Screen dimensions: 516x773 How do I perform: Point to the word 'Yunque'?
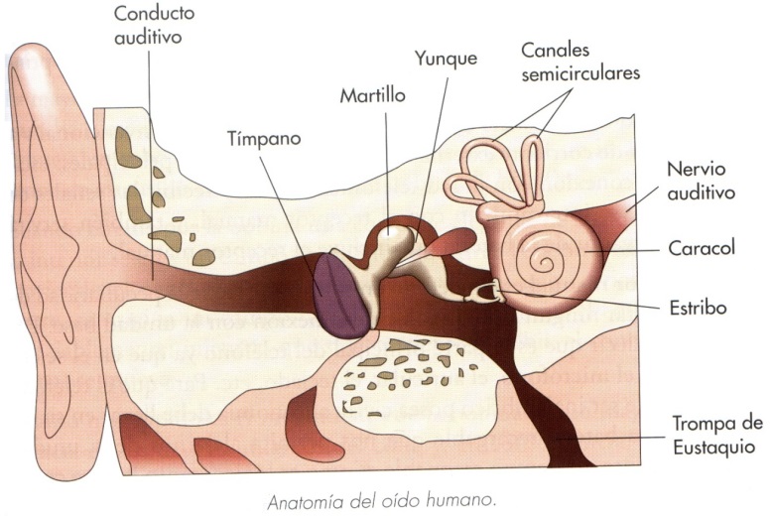point(446,58)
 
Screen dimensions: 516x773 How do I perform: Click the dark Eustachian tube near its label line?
point(566,437)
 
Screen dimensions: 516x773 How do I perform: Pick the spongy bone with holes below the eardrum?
point(407,377)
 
